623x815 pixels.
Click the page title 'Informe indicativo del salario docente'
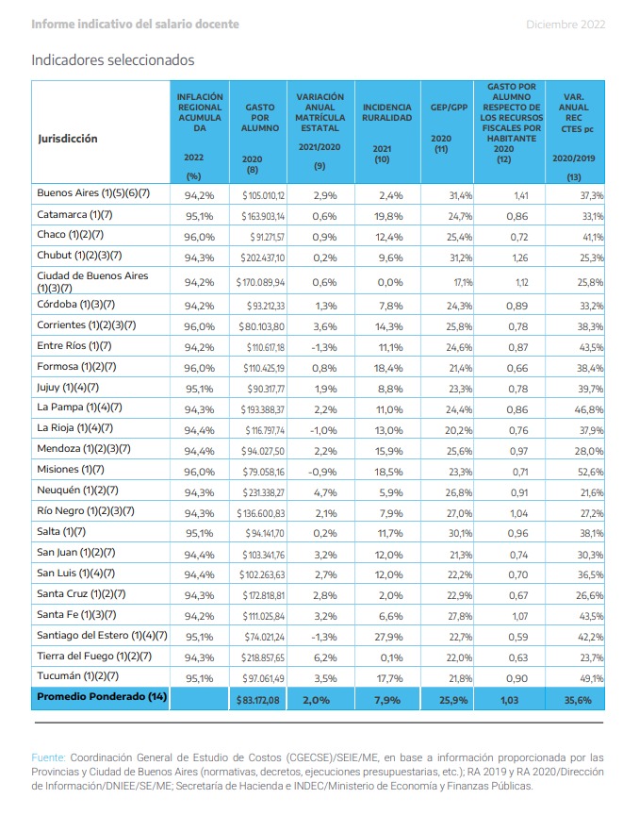coord(135,25)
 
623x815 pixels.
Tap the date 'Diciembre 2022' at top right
coord(566,25)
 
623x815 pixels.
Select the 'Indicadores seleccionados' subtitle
coord(113,60)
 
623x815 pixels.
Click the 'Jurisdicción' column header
coord(68,139)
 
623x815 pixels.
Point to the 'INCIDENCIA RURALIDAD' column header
coord(386,112)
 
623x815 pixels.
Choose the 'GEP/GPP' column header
coord(449,108)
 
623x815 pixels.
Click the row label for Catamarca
coord(74,215)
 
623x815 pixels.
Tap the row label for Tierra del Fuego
coord(94,656)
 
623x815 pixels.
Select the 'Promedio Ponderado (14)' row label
coord(102,696)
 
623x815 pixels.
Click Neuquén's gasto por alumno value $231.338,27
coord(263,492)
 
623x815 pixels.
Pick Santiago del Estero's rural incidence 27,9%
coord(388,637)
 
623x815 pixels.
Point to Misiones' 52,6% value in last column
coord(590,472)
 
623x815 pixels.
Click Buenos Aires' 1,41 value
coord(520,196)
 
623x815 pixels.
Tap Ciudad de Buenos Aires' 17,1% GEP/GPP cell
coord(463,282)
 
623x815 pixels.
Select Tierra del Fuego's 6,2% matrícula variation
coord(325,657)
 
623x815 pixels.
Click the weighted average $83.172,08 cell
coord(258,701)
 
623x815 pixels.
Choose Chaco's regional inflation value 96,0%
coord(200,237)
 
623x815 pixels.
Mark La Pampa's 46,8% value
coord(589,409)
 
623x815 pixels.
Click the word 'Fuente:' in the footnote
coord(48,757)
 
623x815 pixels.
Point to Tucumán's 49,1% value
coord(591,678)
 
